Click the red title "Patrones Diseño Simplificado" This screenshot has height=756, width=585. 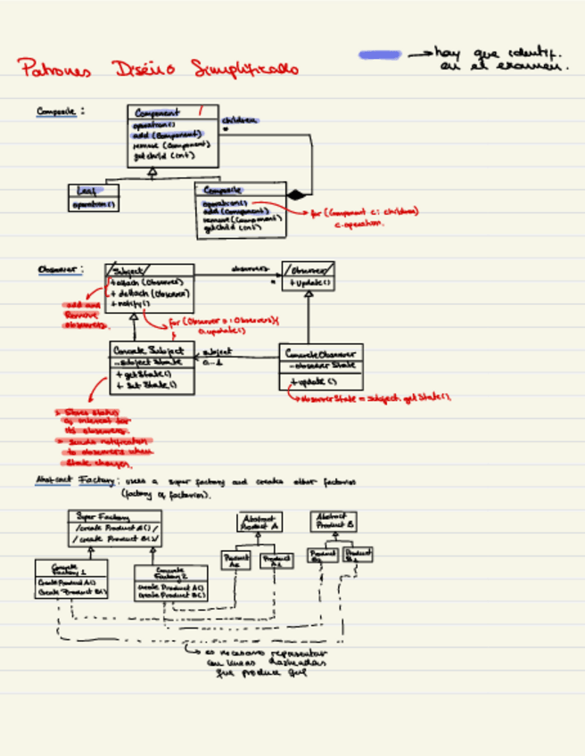pos(159,69)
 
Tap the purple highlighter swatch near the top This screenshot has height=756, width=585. pos(379,55)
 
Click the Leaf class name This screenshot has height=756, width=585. pos(87,190)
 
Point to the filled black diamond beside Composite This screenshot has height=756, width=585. pos(296,193)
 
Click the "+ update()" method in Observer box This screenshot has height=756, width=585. pos(309,283)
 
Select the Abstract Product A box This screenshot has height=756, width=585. pos(259,522)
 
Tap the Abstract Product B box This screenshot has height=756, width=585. pos(334,521)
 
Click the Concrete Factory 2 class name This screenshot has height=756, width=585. pos(169,572)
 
